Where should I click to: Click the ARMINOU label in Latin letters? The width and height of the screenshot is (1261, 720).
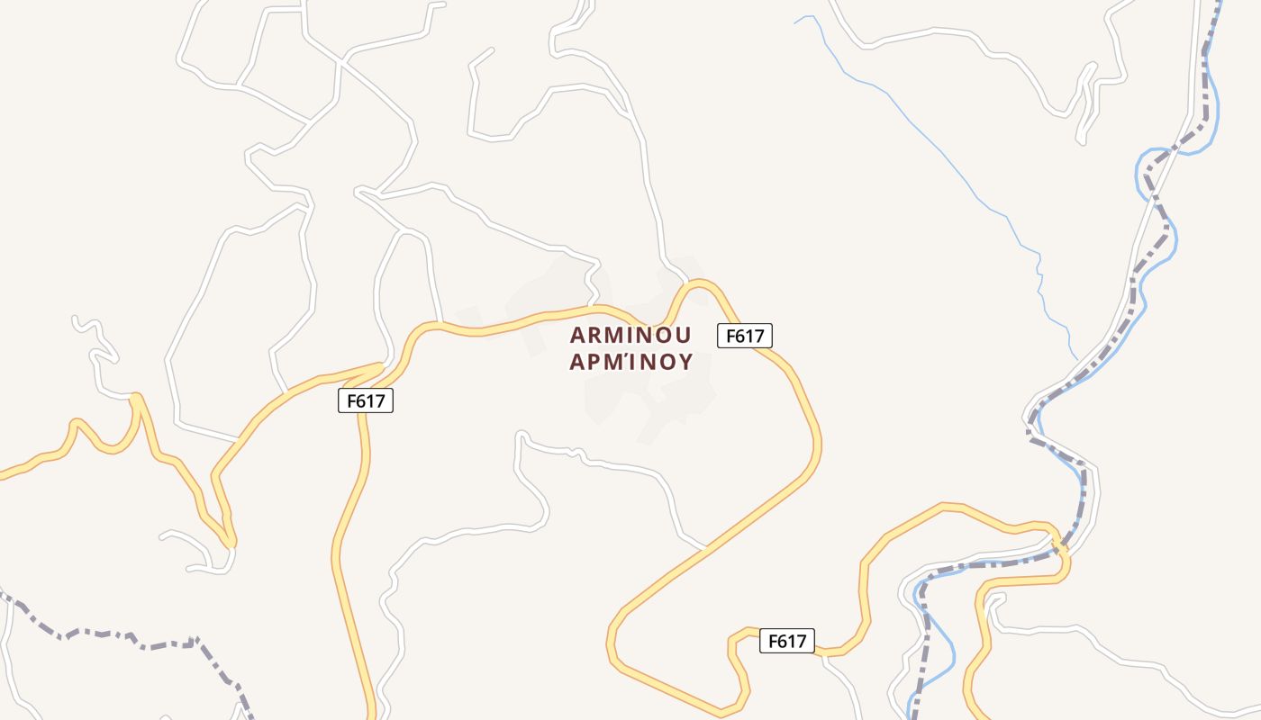pyautogui.click(x=630, y=336)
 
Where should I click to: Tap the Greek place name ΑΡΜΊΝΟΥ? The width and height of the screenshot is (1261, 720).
pyautogui.click(x=630, y=362)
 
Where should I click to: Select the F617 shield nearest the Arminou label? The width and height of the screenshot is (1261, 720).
pyautogui.click(x=745, y=336)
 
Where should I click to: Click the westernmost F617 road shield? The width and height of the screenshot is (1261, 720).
pyautogui.click(x=366, y=401)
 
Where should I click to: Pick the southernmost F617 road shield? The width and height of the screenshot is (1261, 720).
pyautogui.click(x=787, y=641)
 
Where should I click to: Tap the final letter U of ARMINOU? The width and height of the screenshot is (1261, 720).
pyautogui.click(x=683, y=336)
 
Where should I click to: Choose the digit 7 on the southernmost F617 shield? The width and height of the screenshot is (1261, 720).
pyautogui.click(x=802, y=641)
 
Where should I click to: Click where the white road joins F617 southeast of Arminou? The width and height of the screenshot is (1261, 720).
pyautogui.click(x=706, y=546)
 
